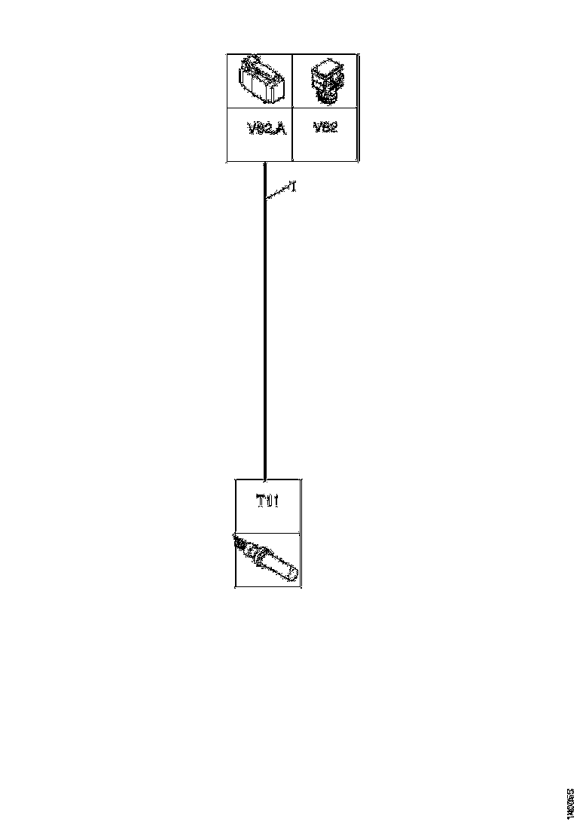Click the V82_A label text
pos(267,129)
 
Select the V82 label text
pos(325,127)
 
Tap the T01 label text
pos(268,501)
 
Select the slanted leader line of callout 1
pos(279,193)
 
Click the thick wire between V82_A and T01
pos(265,324)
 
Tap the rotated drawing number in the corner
pos(570,804)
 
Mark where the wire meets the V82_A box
pos(265,163)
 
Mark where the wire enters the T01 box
pos(265,478)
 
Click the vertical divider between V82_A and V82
pos(292,107)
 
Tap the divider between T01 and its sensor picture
pos(268,533)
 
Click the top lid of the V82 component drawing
pos(327,67)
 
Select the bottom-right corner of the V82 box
pos(358,161)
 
